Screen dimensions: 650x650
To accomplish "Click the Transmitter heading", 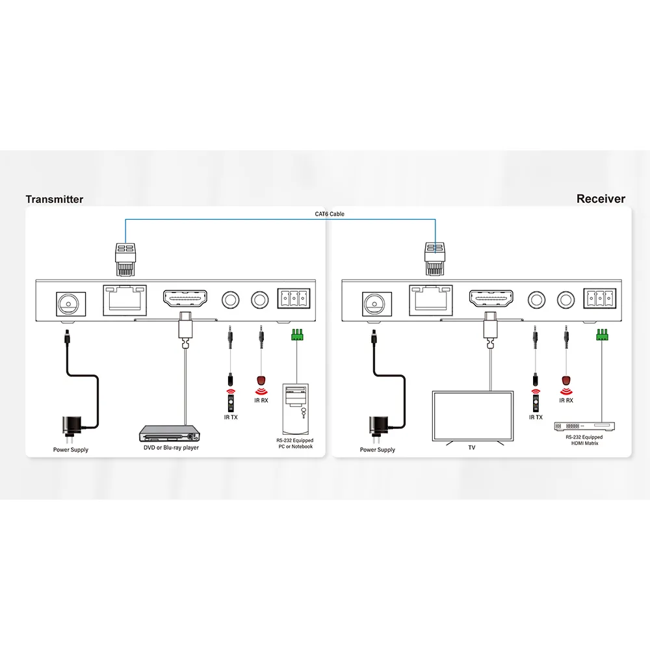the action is click(x=55, y=199).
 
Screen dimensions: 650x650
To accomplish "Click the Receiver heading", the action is click(x=601, y=198).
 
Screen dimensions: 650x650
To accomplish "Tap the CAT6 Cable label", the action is click(x=330, y=214).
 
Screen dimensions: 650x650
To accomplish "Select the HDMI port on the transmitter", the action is click(x=185, y=299).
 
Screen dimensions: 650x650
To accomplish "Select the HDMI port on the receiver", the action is click(x=491, y=299).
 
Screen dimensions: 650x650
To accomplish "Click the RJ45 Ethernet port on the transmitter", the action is click(x=125, y=300).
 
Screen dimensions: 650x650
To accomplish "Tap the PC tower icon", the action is click(x=296, y=409).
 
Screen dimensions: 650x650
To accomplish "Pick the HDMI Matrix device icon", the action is click(x=584, y=426).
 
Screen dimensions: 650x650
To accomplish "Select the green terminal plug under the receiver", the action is click(x=603, y=335).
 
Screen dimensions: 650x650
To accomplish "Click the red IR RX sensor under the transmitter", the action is click(x=261, y=380).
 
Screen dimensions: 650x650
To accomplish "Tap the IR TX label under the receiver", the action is click(x=536, y=417).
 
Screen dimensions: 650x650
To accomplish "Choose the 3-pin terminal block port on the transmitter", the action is click(x=294, y=298).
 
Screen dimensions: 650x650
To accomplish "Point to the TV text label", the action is click(x=472, y=448).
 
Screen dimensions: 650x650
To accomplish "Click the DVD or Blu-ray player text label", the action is click(x=171, y=448).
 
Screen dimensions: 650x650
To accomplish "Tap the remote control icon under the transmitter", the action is click(x=231, y=404).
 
